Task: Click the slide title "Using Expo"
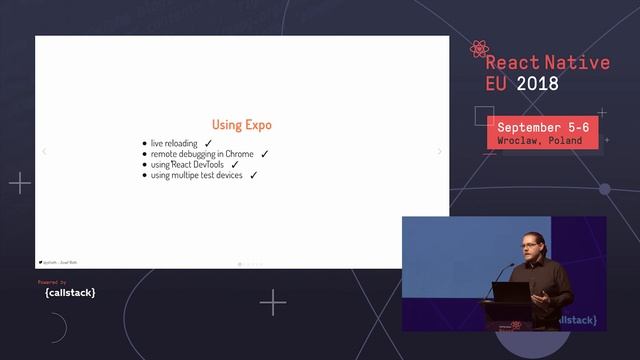[x=241, y=125]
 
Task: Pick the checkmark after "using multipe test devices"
[x=254, y=175]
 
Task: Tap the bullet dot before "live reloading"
[x=145, y=144]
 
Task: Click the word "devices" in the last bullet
[x=228, y=175]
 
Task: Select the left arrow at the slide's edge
[x=43, y=152]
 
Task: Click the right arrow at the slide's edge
[x=440, y=152]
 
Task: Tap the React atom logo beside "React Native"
[x=479, y=49]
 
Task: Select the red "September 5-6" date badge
[x=543, y=133]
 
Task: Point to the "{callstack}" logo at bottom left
[x=70, y=293]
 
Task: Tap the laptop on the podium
[x=510, y=294]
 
